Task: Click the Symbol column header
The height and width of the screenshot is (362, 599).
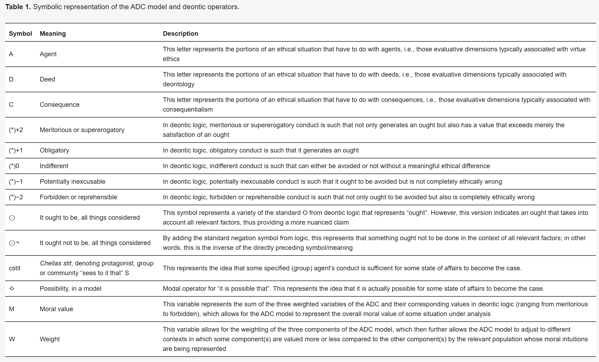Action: coord(20,34)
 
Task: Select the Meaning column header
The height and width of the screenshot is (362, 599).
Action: coord(53,34)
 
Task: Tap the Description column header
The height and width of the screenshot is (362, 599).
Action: coord(180,34)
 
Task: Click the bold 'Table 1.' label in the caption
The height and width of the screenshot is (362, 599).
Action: coord(18,7)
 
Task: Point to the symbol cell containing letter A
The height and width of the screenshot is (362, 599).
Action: coord(11,54)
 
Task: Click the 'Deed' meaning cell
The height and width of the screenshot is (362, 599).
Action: coord(47,79)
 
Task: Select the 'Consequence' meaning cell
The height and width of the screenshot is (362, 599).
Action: coord(59,105)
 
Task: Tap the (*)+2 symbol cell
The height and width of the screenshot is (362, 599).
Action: coord(16,130)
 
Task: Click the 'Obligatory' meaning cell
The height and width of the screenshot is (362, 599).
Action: coord(54,150)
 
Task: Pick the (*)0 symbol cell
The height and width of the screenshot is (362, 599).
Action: coord(14,166)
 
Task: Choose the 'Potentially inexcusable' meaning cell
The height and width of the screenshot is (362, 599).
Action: coord(72,182)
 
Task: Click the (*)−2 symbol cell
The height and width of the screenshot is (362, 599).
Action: coord(16,197)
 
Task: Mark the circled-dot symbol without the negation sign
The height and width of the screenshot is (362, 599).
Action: coord(12,218)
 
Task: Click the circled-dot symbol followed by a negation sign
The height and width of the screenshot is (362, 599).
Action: coord(14,243)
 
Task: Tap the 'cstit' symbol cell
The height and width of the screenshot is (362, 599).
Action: coord(15,268)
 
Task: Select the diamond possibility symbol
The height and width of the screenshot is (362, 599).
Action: coord(12,289)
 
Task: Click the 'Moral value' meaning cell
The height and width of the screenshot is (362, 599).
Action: coord(56,309)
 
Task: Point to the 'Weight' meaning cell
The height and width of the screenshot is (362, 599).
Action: coord(50,339)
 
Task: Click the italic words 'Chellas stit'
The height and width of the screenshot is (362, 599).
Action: coord(56,263)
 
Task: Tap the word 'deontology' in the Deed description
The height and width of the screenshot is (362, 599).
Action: coord(178,84)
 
